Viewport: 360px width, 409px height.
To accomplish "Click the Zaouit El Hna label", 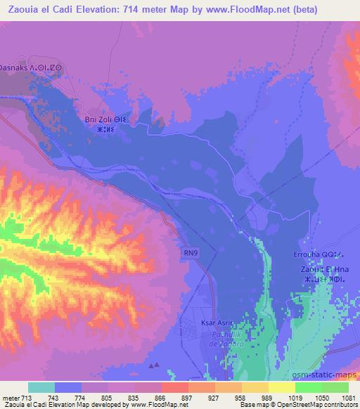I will [x=320, y=269].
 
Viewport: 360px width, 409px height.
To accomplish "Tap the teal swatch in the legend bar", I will [x=41, y=387].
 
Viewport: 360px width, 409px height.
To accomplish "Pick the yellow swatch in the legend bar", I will [x=281, y=387].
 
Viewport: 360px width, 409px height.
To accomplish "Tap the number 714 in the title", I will [x=143, y=10].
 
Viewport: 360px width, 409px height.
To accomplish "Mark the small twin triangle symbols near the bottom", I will [x=154, y=365].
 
